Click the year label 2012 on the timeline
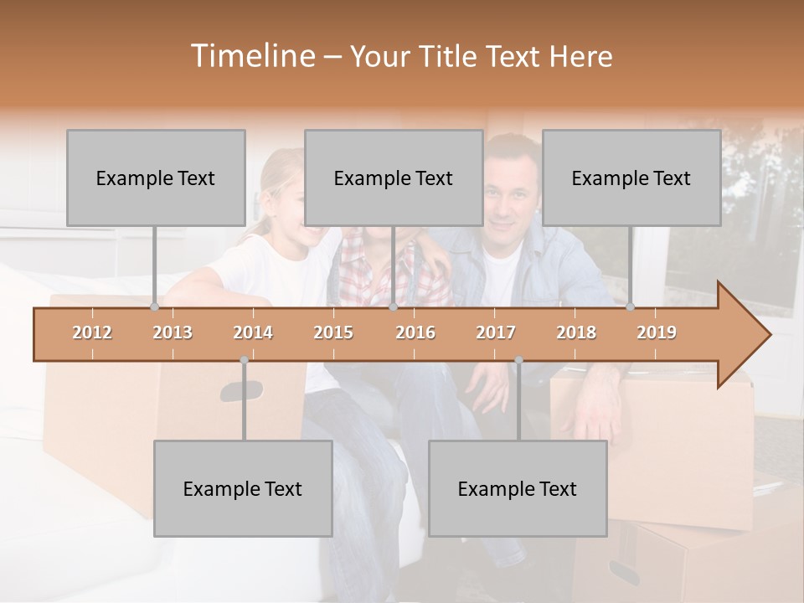pos(92,332)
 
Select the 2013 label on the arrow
pos(173,332)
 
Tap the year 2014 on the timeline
pos(253,332)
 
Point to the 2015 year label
pos(333,332)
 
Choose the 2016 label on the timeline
pos(415,332)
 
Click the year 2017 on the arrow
pos(496,332)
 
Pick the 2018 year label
pos(576,332)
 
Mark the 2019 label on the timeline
pos(657,332)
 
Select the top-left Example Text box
pos(156,178)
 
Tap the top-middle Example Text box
pos(394,178)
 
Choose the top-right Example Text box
pos(631,178)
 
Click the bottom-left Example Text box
pos(243,488)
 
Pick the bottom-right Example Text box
pos(518,488)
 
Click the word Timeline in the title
pos(250,56)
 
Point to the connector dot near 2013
pos(154,307)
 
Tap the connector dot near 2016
pos(394,307)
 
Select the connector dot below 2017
pos(518,360)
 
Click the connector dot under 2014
pos(244,360)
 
